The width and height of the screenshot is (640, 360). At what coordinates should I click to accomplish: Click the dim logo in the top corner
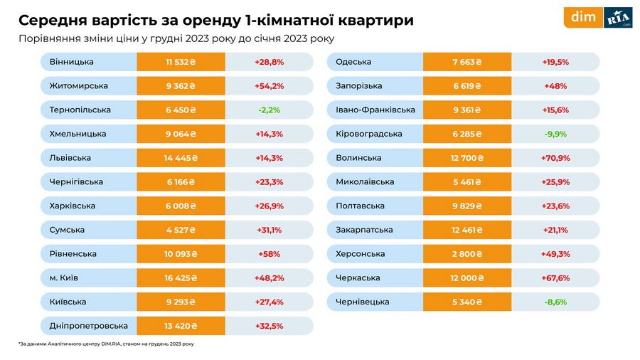pyautogui.click(x=583, y=17)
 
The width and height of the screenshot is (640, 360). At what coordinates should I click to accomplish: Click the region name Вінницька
pyautogui.click(x=72, y=62)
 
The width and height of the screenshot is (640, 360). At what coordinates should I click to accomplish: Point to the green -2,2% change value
pyautogui.click(x=269, y=110)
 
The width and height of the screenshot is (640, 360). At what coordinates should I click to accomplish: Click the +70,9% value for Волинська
pyautogui.click(x=555, y=158)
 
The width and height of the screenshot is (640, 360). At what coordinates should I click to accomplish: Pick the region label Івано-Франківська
pyautogui.click(x=375, y=110)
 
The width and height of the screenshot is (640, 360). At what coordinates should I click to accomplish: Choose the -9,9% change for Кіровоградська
pyautogui.click(x=555, y=134)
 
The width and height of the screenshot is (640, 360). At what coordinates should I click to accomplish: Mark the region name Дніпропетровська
pyautogui.click(x=89, y=326)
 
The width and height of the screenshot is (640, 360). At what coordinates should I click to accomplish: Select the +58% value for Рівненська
pyautogui.click(x=269, y=254)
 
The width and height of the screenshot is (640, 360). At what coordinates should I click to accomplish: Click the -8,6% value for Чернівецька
pyautogui.click(x=555, y=302)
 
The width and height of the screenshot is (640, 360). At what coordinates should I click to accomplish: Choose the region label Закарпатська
pyautogui.click(x=364, y=230)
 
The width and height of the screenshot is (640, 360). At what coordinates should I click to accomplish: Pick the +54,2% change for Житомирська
pyautogui.click(x=269, y=86)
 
